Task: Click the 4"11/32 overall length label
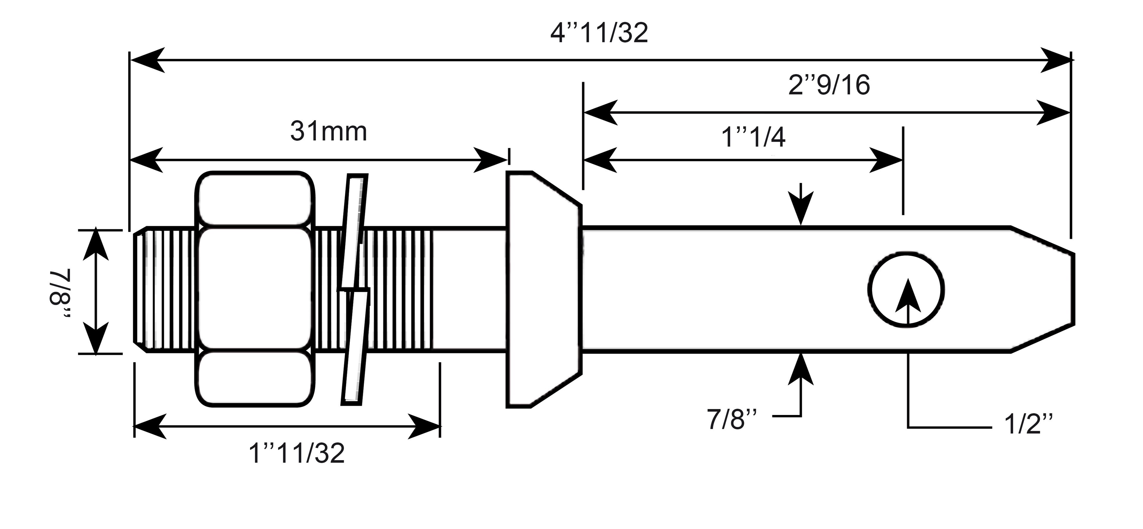(599, 33)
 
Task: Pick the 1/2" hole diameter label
(1028, 424)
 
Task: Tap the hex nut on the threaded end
(255, 289)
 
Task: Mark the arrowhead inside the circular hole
(907, 295)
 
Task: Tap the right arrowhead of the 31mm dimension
(490, 160)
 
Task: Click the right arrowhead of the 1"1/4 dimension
(886, 160)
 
